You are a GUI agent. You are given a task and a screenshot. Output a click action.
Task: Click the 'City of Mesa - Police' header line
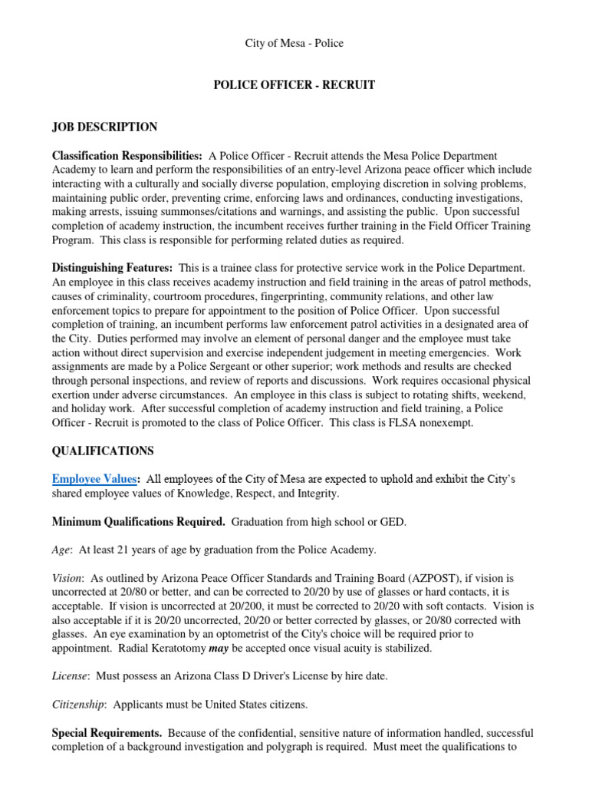pos(294,44)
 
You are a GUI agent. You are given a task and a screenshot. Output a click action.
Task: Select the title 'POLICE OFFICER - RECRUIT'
pos(294,85)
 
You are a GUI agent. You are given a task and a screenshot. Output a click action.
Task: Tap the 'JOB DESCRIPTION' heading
pos(104,127)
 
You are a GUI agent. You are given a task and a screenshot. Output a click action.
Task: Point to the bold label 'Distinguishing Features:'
pos(112,268)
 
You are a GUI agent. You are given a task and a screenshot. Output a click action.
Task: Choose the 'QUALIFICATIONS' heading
pos(103,451)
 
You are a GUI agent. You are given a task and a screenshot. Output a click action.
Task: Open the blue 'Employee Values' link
pos(94,480)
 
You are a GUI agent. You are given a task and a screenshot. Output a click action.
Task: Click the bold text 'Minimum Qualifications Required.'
pos(138,522)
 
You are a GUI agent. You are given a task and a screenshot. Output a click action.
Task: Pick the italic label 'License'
pos(70,675)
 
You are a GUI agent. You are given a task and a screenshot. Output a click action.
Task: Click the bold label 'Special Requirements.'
pos(107,732)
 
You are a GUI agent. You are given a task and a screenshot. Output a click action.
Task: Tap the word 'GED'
pos(393,522)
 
